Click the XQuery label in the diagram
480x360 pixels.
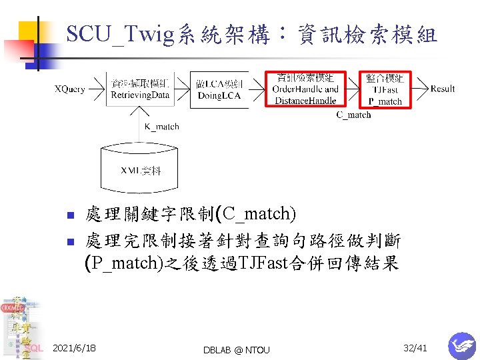tap(69, 89)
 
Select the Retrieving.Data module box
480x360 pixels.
tap(140, 89)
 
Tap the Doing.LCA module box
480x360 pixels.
tap(219, 89)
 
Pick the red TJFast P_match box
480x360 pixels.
tap(385, 89)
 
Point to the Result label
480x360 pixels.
tap(443, 89)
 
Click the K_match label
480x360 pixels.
tap(162, 127)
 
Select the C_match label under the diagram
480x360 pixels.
tap(353, 115)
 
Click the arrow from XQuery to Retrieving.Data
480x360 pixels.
tap(97, 89)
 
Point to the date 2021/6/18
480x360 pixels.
tap(74, 348)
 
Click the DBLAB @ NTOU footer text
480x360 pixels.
tap(237, 349)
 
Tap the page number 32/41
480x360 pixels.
tap(415, 348)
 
